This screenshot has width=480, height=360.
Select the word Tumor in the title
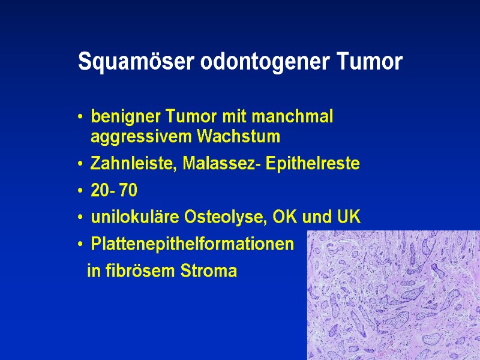pyautogui.click(x=370, y=62)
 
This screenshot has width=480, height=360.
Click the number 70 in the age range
pyautogui.click(x=128, y=191)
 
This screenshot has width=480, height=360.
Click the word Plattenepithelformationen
pyautogui.click(x=193, y=245)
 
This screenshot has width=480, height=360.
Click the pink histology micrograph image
pyautogui.click(x=394, y=295)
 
